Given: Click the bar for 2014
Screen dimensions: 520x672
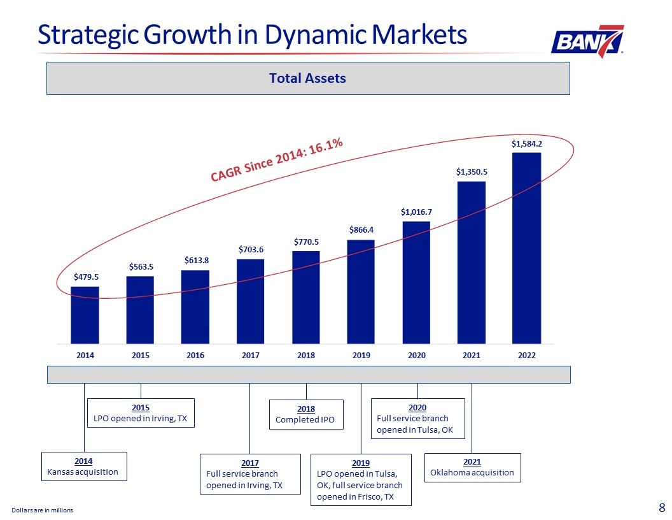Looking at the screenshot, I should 85,315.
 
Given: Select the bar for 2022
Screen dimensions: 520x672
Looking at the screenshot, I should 526,248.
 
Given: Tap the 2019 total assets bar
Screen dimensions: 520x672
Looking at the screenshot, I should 361,291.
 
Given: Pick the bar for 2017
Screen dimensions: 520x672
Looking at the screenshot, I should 250,301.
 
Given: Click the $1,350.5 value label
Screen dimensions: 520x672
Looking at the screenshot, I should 472,171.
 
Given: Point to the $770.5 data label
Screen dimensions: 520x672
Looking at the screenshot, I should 306,242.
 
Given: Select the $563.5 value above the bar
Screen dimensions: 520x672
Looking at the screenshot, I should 141,266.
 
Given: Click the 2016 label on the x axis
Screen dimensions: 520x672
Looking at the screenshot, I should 195,356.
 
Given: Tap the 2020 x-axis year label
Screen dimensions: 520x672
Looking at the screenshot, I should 416,356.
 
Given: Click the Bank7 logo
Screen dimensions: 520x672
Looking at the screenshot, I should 587,41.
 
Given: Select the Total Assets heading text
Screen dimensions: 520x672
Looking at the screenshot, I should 307,78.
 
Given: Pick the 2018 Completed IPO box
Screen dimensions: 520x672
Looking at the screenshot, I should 306,414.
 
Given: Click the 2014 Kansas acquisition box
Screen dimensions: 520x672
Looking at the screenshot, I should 84,466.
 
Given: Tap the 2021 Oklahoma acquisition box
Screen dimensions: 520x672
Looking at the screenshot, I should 472,467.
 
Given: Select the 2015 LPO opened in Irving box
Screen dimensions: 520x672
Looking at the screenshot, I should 141,412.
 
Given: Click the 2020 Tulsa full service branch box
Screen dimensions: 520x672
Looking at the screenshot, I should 417,418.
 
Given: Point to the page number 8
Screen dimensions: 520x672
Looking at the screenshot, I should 662,508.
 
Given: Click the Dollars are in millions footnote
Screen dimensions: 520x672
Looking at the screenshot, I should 42,510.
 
